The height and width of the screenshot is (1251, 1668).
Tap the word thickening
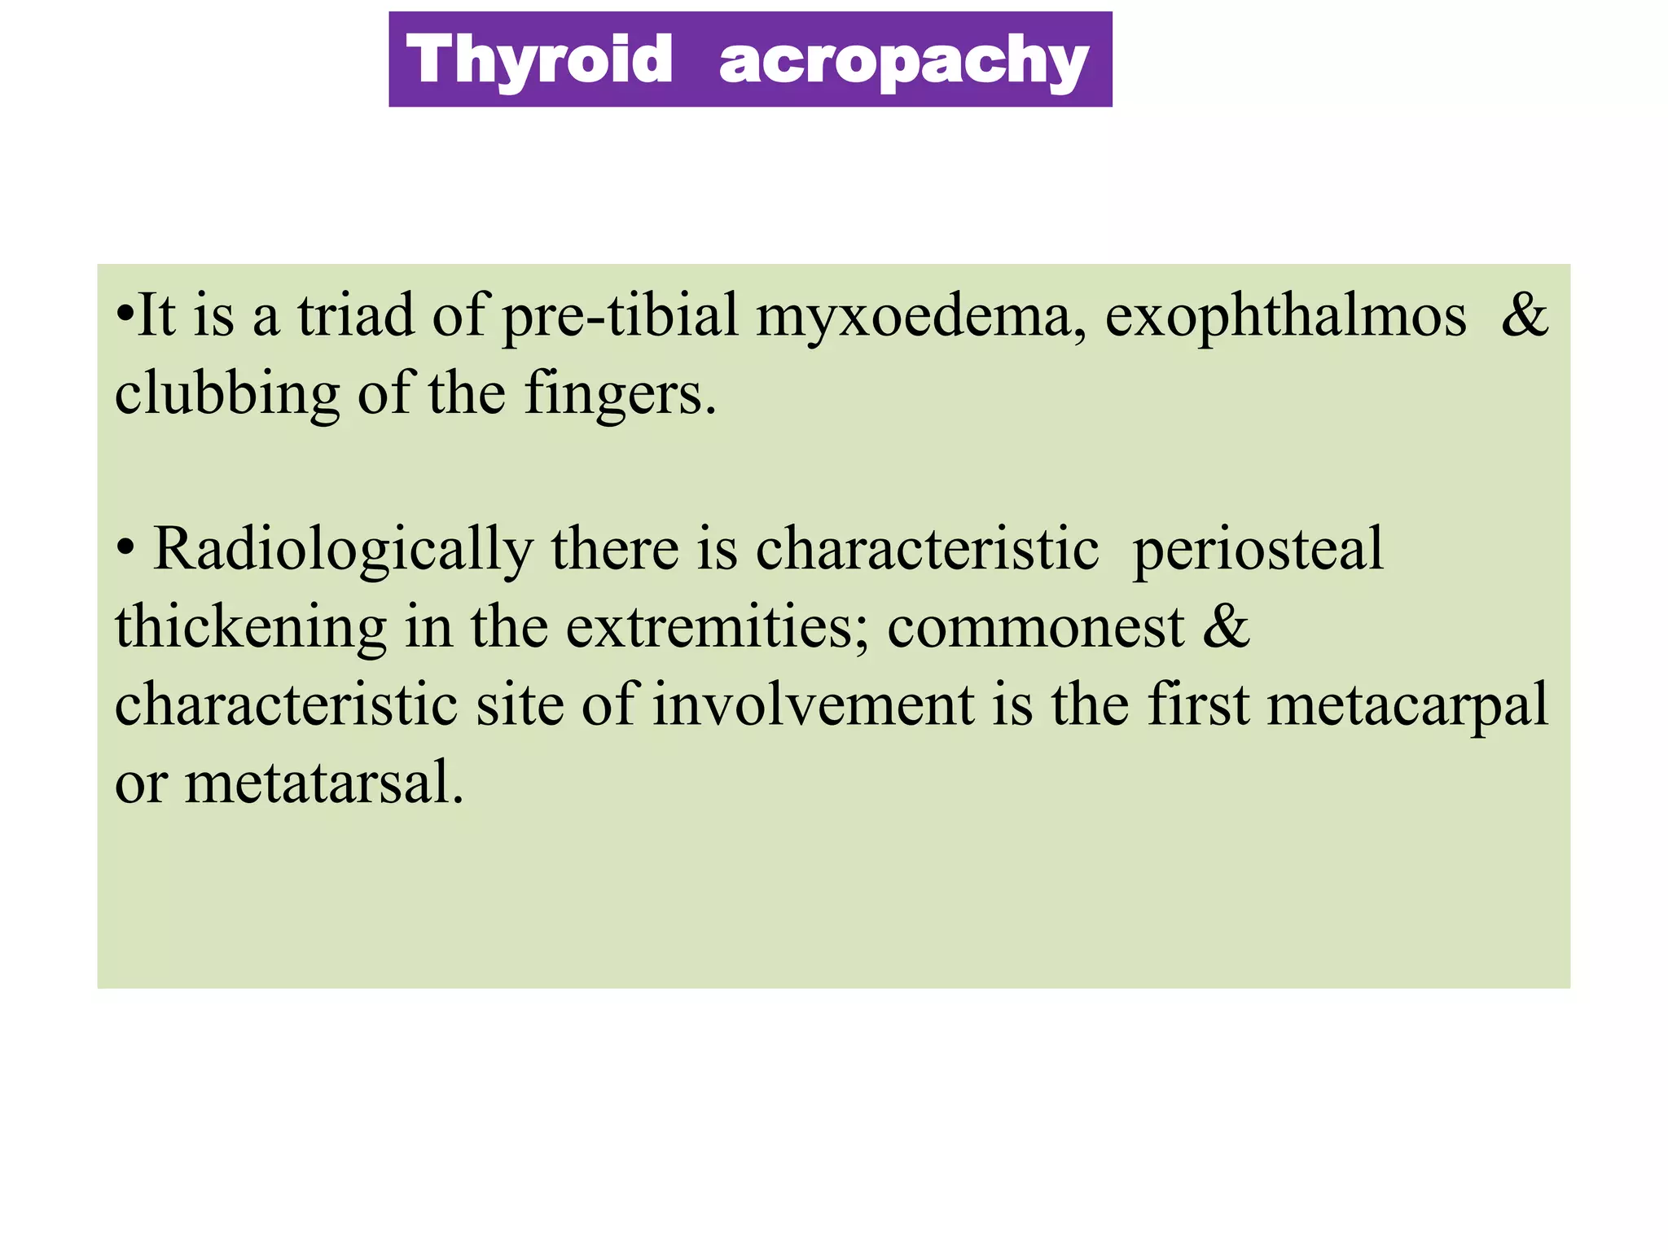(x=251, y=628)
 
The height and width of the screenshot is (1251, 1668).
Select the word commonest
(x=1035, y=628)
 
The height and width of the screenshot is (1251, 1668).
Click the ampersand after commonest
(x=1226, y=626)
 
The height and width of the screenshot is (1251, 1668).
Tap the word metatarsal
(x=323, y=783)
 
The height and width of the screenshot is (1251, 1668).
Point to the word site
(x=520, y=705)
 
